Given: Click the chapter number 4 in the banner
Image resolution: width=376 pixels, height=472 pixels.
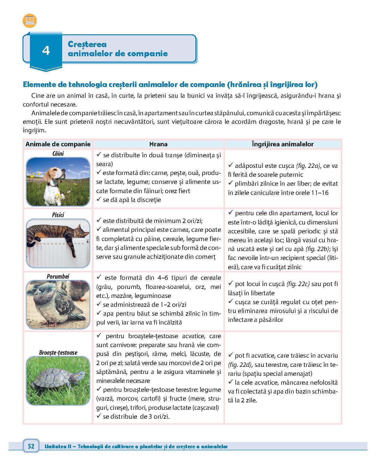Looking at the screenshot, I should [x=46, y=51].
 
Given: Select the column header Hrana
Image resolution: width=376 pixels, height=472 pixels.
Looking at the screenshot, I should [x=158, y=144].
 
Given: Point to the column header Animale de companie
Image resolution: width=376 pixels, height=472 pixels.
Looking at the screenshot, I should [x=58, y=144].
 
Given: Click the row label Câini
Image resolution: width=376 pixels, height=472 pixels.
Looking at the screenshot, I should [x=58, y=153].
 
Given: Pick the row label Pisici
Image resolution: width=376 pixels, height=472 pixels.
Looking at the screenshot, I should [x=58, y=215].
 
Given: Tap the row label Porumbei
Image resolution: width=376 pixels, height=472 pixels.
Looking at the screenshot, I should [x=58, y=276].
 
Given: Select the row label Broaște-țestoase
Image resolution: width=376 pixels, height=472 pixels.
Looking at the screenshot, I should [x=58, y=352].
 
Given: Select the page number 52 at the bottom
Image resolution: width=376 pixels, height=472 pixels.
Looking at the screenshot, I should [x=31, y=447].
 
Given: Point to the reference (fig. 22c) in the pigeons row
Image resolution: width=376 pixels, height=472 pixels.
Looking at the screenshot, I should [x=298, y=284].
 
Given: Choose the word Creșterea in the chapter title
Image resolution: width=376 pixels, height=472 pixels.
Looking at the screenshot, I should [x=87, y=44].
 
